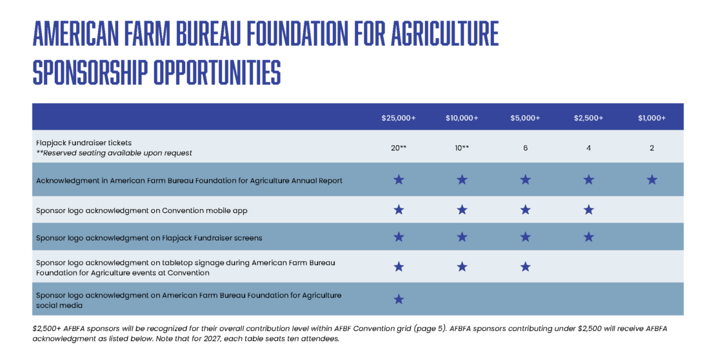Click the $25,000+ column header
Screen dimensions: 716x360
click(399, 118)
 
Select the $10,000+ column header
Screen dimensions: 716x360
click(462, 118)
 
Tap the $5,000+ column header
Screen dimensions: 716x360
click(525, 118)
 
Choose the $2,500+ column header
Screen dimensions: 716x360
click(588, 118)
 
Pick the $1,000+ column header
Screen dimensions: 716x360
click(651, 118)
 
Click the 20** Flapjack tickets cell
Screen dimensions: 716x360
click(399, 148)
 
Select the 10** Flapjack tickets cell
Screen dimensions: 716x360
click(462, 148)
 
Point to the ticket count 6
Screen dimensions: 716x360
click(525, 148)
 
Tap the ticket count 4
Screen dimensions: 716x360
click(588, 148)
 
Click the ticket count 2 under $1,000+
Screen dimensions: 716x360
click(651, 148)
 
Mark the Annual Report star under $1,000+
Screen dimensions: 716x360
click(651, 179)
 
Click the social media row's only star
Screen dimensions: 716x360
click(399, 299)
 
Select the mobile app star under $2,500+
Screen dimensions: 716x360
click(588, 210)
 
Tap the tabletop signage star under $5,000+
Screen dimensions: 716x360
click(525, 267)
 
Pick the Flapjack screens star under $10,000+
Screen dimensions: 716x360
click(462, 237)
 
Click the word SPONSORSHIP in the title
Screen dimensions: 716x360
click(90, 73)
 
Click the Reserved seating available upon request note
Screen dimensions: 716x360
click(114, 153)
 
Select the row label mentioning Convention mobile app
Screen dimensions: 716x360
click(141, 210)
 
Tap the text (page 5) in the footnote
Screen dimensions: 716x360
click(429, 328)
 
